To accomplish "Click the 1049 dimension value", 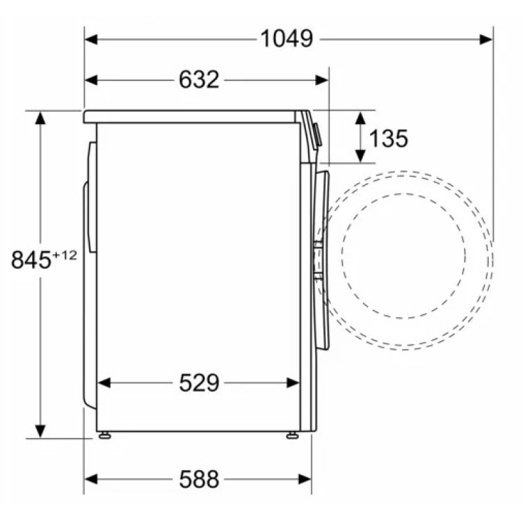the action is [286, 39].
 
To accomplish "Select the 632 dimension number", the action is [199, 80].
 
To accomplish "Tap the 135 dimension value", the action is [388, 138].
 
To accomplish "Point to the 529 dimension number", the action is [199, 382].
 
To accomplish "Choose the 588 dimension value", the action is [199, 479].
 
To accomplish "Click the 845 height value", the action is [31, 260].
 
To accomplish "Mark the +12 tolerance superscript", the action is [64, 256].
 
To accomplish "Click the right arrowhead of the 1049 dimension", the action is [486, 39].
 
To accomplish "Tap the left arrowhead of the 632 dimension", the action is [91, 80].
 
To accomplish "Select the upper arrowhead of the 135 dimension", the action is [360, 118].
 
